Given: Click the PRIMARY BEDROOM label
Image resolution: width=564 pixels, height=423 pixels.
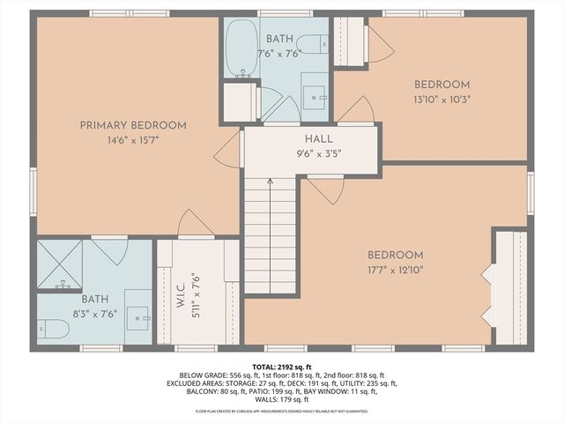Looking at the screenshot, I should click(133, 125).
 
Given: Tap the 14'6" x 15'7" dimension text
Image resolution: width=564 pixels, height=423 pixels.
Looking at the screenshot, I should click(133, 139).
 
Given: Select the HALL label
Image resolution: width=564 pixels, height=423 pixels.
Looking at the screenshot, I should click(318, 139).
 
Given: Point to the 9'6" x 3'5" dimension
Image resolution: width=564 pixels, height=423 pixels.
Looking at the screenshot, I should click(318, 152).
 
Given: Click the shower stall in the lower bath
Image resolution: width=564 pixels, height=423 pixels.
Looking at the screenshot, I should click(59, 263).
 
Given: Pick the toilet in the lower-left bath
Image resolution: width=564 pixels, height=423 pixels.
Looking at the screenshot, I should click(54, 329).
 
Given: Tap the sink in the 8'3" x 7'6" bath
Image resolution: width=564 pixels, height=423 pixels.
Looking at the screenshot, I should click(137, 318).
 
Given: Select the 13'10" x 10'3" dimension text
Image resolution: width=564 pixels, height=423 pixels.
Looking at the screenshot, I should click(442, 99).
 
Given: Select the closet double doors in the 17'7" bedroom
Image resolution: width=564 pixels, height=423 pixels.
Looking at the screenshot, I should click(486, 286).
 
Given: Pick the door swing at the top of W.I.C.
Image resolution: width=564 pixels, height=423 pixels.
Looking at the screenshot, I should click(194, 224).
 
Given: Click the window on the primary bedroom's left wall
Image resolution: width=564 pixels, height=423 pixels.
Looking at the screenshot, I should click(33, 191).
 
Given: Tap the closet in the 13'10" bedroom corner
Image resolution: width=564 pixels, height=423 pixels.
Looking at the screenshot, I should click(350, 41).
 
